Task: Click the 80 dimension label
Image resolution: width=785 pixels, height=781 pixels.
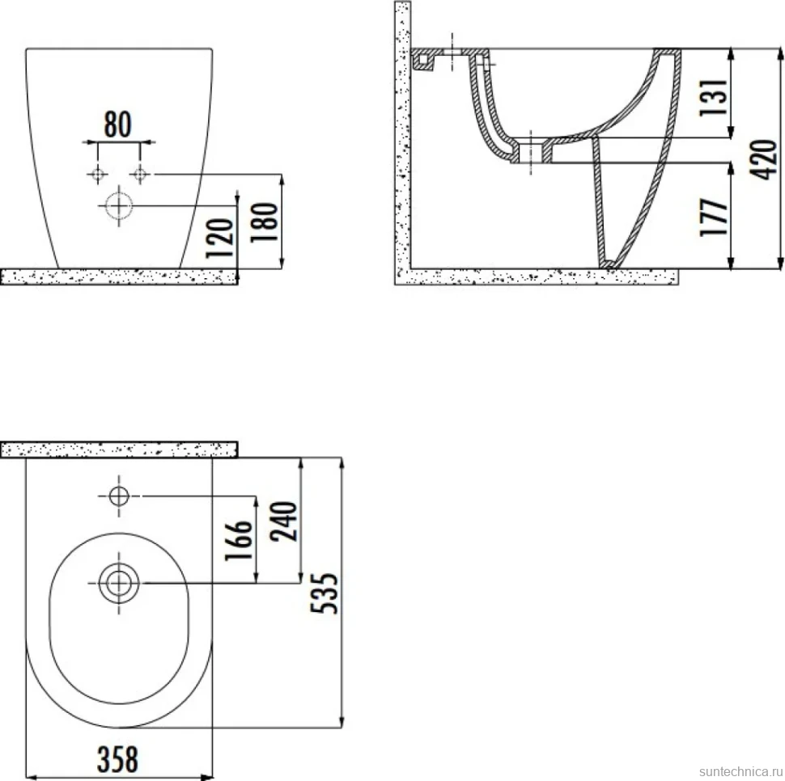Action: point(117,125)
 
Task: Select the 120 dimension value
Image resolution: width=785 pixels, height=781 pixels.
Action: point(220,238)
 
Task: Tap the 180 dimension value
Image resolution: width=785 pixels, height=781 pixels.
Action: point(264,222)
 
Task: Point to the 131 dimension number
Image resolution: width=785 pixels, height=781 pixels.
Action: point(713,98)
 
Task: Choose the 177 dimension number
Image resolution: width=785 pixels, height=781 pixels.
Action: point(713,217)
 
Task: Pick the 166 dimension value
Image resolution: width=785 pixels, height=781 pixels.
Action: point(238,541)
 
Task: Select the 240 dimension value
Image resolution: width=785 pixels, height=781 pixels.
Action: point(283,521)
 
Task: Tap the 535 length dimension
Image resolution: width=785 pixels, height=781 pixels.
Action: point(325,593)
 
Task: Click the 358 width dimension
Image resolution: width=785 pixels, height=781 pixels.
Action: point(117,759)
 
